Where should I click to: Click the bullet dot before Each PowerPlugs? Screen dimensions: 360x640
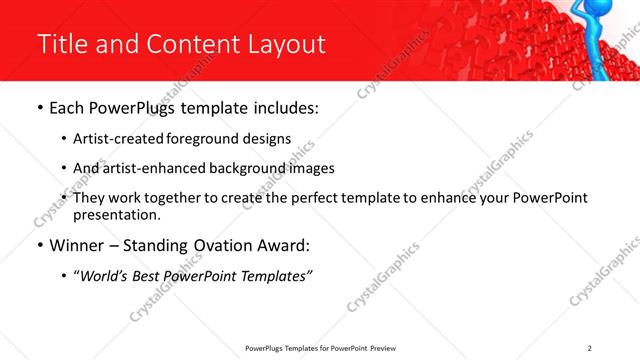point(39,108)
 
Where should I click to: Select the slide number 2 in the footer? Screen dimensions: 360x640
point(590,348)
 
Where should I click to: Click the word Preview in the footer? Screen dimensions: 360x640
point(387,348)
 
